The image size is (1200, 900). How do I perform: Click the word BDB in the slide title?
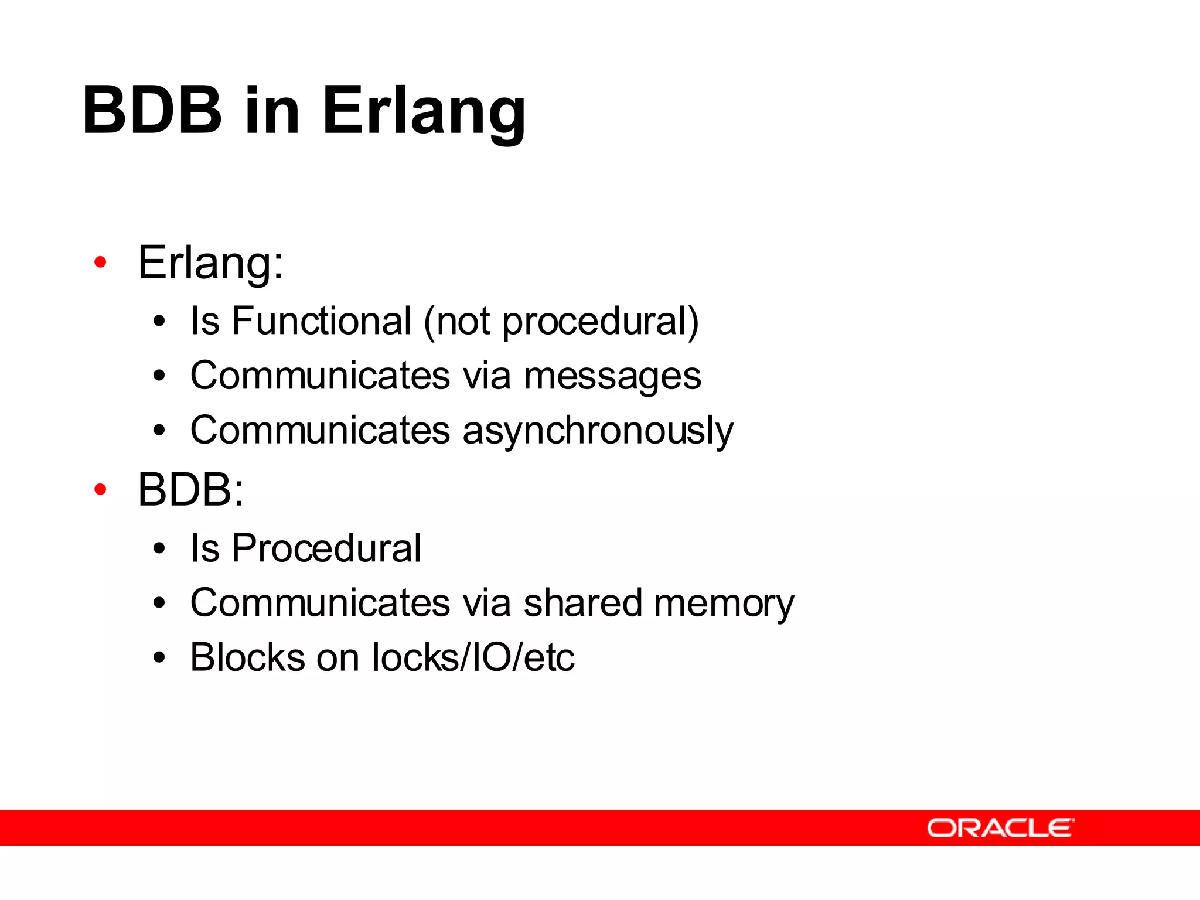pyautogui.click(x=152, y=110)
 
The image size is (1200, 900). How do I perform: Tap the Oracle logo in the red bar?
pyautogui.click(x=1000, y=828)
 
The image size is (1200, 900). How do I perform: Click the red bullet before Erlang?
pyautogui.click(x=100, y=262)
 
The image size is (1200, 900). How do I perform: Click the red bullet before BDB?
pyautogui.click(x=100, y=489)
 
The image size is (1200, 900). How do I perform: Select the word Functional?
pyautogui.click(x=322, y=321)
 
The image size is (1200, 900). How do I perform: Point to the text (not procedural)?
pyautogui.click(x=561, y=322)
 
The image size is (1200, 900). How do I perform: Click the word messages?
pyautogui.click(x=612, y=376)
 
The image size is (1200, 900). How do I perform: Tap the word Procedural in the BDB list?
pyautogui.click(x=326, y=548)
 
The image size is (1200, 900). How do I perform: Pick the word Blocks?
pyautogui.click(x=247, y=657)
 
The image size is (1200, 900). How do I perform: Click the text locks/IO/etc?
pyautogui.click(x=473, y=657)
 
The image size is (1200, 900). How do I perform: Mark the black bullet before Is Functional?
pyautogui.click(x=159, y=322)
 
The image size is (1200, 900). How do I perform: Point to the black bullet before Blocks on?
pyautogui.click(x=159, y=657)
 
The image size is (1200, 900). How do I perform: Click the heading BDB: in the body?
pyautogui.click(x=190, y=490)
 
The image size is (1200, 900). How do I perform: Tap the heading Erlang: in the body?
pyautogui.click(x=210, y=263)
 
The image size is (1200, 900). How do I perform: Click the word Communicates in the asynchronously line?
pyautogui.click(x=320, y=431)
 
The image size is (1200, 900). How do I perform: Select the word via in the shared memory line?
pyautogui.click(x=487, y=603)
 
